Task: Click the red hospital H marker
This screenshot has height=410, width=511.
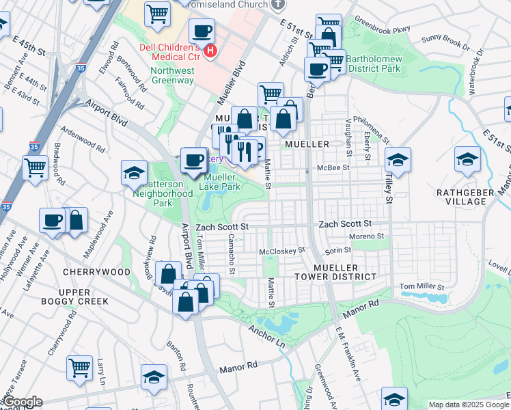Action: [210, 51]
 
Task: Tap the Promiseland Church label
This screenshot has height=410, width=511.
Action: [230, 4]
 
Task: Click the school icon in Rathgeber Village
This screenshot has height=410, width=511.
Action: [467, 159]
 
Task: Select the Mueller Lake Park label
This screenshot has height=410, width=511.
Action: [221, 181]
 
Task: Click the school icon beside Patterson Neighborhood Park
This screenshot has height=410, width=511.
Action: [134, 172]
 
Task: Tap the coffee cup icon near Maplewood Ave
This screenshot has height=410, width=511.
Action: [52, 221]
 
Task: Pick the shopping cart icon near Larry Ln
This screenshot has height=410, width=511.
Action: [79, 367]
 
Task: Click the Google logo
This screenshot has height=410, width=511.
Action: [22, 402]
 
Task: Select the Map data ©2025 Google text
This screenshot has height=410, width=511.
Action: [468, 405]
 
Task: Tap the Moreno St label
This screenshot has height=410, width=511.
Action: [367, 236]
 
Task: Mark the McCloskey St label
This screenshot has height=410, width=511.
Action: [282, 251]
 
